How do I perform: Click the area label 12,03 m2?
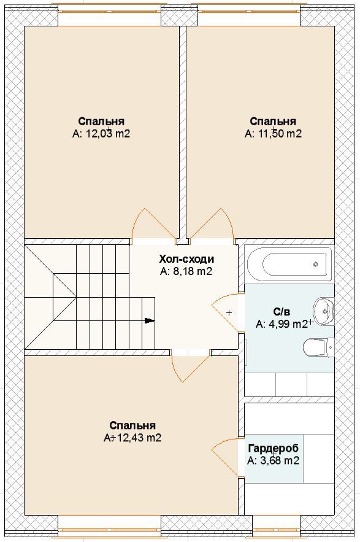click(x=107, y=134)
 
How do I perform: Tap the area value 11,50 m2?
click(x=280, y=134)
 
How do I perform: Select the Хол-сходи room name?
click(x=186, y=259)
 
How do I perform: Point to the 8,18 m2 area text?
click(x=193, y=271)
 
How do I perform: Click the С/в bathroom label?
click(x=282, y=312)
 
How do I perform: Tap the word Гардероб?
click(x=274, y=448)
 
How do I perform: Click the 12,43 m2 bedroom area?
click(x=139, y=438)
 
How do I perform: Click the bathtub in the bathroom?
click(x=289, y=264)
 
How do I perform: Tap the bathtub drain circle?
click(x=315, y=265)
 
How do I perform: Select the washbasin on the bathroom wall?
click(x=324, y=311)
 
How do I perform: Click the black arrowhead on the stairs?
click(x=150, y=320)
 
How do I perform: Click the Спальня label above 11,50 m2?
click(x=273, y=122)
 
